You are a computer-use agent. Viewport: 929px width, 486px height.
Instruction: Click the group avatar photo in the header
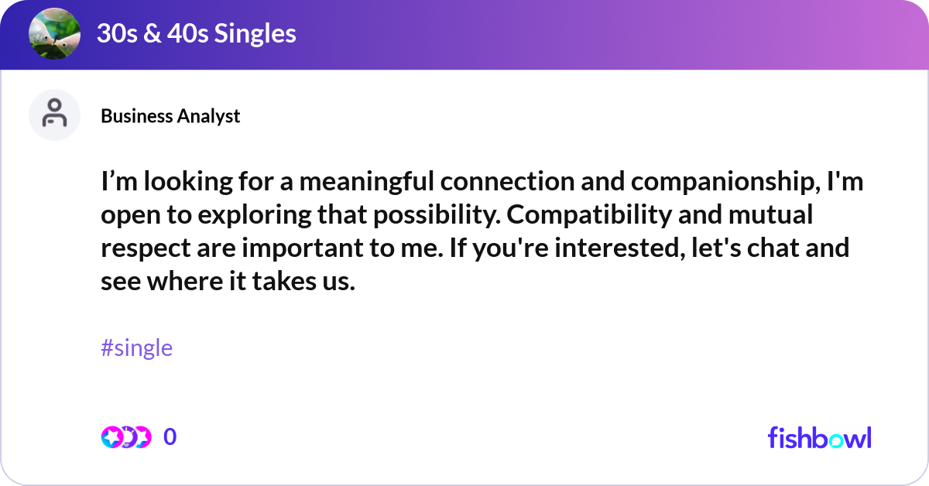pyautogui.click(x=54, y=33)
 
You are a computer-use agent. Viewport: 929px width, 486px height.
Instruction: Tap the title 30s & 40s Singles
pyautogui.click(x=196, y=33)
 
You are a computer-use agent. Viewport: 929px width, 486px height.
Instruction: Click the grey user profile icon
pyautogui.click(x=54, y=115)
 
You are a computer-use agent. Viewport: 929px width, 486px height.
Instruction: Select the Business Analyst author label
pyautogui.click(x=170, y=116)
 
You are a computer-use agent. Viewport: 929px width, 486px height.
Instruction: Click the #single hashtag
pyautogui.click(x=136, y=348)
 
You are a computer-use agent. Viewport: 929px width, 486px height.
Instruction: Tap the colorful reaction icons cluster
pyautogui.click(x=125, y=437)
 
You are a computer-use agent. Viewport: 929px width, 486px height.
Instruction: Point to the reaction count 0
pyautogui.click(x=170, y=437)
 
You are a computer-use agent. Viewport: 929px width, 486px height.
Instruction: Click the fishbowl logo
pyautogui.click(x=819, y=437)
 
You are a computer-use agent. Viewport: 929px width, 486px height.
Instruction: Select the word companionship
pyautogui.click(x=735, y=183)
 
